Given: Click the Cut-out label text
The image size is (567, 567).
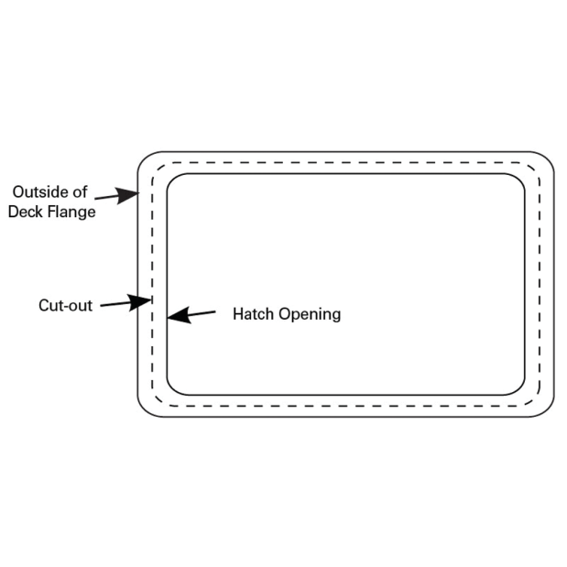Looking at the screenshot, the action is [x=65, y=306].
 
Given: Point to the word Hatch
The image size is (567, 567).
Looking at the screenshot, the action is [x=253, y=314].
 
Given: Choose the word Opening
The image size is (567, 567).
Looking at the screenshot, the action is [x=310, y=314].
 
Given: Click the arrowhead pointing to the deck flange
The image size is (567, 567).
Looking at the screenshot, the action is [x=127, y=195].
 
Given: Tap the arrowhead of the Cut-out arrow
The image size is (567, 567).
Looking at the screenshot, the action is [x=140, y=302].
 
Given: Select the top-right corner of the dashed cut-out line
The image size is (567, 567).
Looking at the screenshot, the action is [x=534, y=169].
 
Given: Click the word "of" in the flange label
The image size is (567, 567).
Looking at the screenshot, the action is [x=81, y=192].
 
